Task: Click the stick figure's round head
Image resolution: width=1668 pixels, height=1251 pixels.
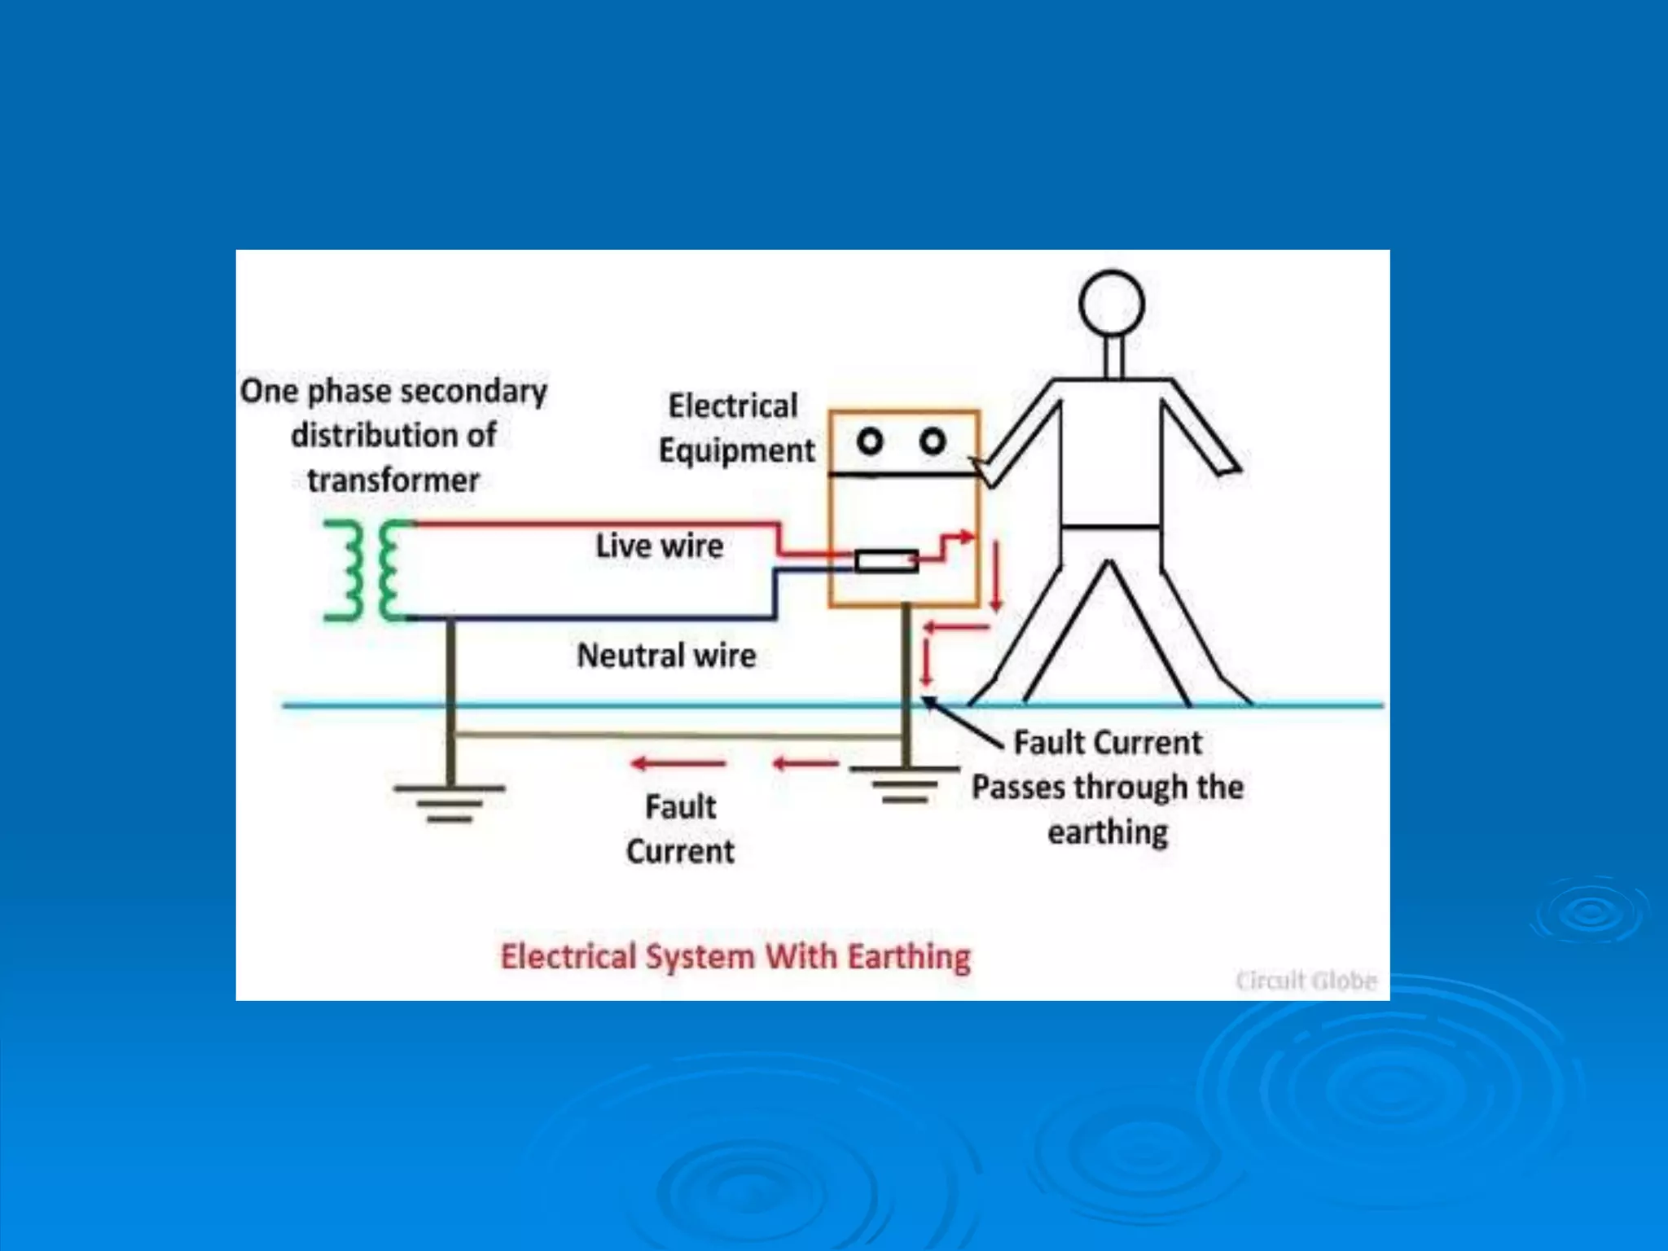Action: pos(1112,304)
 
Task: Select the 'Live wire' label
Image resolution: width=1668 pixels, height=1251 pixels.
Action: pos(659,546)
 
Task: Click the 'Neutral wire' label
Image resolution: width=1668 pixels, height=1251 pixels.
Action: pos(666,656)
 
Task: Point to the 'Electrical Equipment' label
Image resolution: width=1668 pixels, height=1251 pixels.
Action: pos(735,428)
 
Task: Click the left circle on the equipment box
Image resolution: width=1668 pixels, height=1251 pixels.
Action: pos(870,441)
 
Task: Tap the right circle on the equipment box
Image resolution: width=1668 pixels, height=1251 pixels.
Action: pos(933,441)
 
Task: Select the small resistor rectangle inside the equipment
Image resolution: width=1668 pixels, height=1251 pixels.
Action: pos(886,560)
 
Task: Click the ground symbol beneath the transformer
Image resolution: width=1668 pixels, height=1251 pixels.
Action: pos(450,802)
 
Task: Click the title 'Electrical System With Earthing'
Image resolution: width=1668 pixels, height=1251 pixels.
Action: pos(735,956)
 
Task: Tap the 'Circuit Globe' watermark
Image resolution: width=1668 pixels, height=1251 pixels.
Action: pos(1306,980)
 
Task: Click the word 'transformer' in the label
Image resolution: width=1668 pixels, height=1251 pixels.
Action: pos(393,480)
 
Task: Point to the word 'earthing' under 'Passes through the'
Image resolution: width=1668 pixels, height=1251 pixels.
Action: pos(1108,832)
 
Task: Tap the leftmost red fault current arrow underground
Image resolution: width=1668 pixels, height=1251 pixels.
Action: pos(678,763)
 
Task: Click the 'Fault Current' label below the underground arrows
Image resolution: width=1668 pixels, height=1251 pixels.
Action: pos(680,829)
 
